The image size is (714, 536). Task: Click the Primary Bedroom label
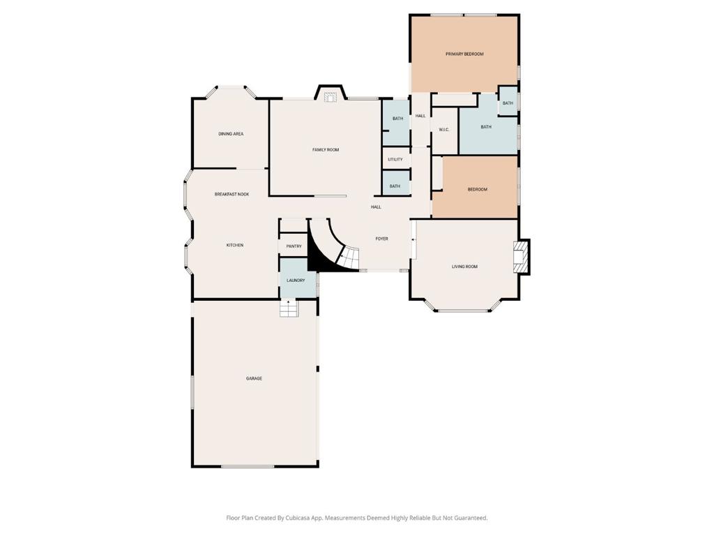click(x=464, y=54)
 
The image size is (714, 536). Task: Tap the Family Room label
click(x=326, y=150)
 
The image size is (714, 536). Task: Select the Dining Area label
click(x=231, y=134)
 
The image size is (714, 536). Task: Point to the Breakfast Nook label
click(x=231, y=194)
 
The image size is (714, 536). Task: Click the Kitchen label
click(x=235, y=245)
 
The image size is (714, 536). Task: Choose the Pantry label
click(x=294, y=246)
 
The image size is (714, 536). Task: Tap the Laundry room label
click(x=296, y=281)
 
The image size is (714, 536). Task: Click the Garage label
click(x=254, y=378)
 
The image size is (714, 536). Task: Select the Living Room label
click(x=464, y=267)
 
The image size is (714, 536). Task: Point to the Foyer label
click(x=381, y=239)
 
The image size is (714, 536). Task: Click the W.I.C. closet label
click(x=444, y=130)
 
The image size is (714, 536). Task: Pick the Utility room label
click(x=395, y=160)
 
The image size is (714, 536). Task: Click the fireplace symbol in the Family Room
click(x=330, y=97)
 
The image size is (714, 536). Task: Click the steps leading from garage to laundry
click(x=288, y=308)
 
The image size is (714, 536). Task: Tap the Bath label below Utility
click(x=395, y=186)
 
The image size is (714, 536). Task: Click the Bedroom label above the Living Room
click(x=477, y=190)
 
